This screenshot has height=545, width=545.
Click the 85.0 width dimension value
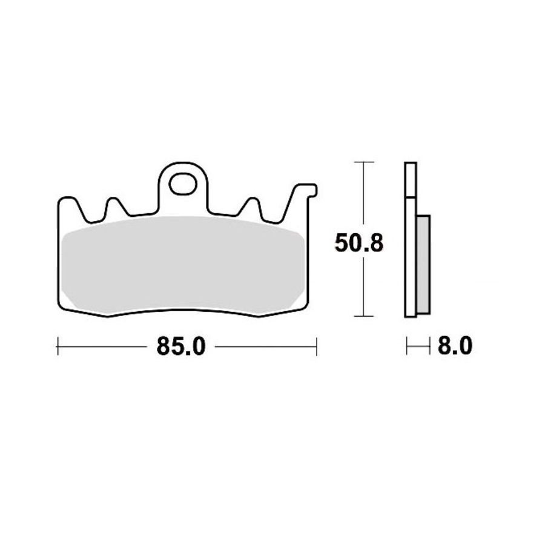pyautogui.click(x=181, y=346)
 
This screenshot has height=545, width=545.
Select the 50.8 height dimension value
pyautogui.click(x=358, y=243)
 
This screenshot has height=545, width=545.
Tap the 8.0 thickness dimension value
pyautogui.click(x=455, y=346)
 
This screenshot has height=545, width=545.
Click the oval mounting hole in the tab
pyautogui.click(x=183, y=183)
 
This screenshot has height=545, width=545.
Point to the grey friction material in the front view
pyautogui.click(x=183, y=264)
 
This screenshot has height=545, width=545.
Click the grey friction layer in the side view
pyautogui.click(x=423, y=265)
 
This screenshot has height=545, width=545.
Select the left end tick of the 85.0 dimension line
pyautogui.click(x=58, y=346)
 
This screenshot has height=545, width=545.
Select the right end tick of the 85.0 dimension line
pyautogui.click(x=316, y=346)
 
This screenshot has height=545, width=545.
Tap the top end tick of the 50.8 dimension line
pyautogui.click(x=363, y=162)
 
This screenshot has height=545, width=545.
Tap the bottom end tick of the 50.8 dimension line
pyautogui.click(x=363, y=316)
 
